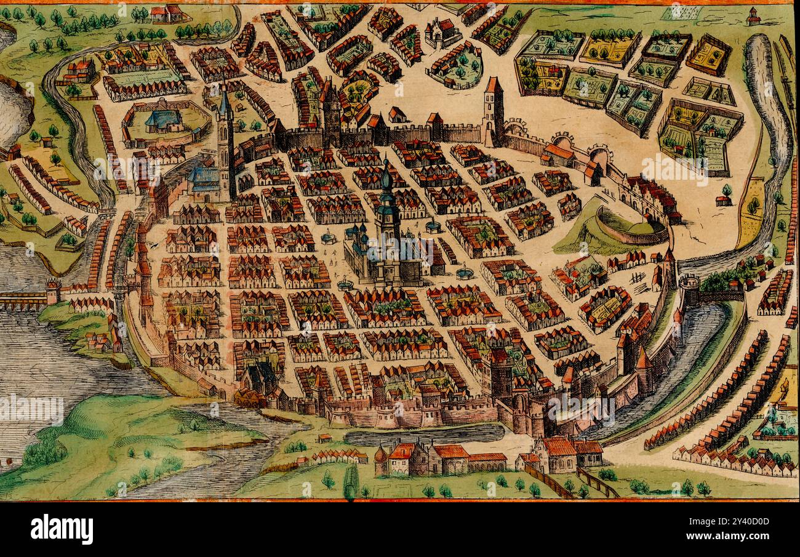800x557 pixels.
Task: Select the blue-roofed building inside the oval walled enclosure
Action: coord(163,119)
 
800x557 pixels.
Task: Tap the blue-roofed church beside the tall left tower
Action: coord(204,178)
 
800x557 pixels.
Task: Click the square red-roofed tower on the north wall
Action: coord(493,105)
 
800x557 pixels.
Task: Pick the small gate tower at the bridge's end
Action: coord(53,291)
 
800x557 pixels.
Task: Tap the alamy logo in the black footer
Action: coord(62,529)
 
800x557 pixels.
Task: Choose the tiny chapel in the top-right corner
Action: coord(753,17)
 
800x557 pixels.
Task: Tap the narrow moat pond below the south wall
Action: coord(425,436)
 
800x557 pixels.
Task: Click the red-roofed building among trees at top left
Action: coord(80,70)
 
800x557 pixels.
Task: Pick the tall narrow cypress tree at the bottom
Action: coord(350,481)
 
